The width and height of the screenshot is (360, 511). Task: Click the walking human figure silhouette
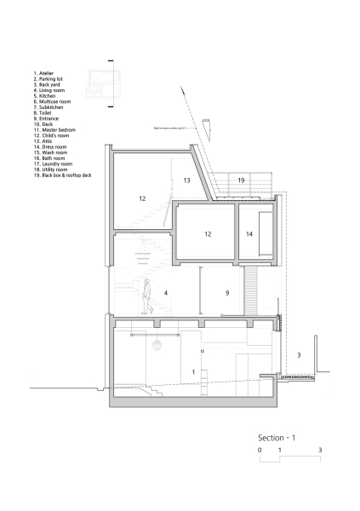tap(146, 296)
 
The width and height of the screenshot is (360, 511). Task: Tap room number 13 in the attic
tap(186, 181)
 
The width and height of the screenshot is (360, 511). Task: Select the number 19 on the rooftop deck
tap(241, 181)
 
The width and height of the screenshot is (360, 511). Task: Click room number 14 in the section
tap(249, 233)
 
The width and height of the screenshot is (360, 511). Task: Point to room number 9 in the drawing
tap(227, 292)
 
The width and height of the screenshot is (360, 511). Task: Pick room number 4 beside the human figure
tap(165, 292)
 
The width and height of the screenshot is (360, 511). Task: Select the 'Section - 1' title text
tap(277, 437)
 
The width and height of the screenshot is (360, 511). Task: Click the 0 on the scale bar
tap(260, 448)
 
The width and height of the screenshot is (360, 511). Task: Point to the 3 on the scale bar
tap(320, 448)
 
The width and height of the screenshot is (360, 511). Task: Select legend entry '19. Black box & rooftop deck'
tap(62, 175)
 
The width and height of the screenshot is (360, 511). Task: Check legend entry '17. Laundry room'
tap(53, 164)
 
